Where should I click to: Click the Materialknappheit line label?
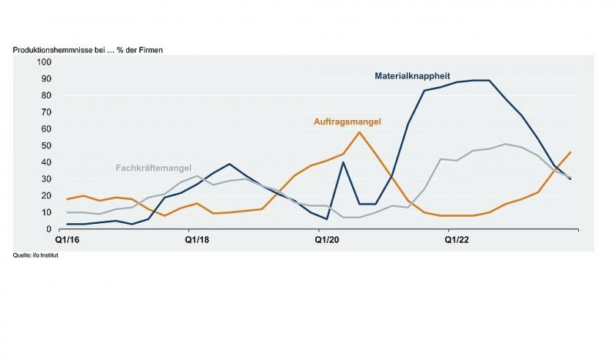(412, 75)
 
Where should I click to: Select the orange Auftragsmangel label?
(347, 122)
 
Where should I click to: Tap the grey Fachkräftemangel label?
(153, 168)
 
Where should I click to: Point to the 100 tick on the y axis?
(44, 62)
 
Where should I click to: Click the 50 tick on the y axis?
(46, 145)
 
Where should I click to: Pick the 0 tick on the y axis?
(49, 229)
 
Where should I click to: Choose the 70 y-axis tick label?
(46, 112)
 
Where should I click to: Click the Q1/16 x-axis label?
(67, 240)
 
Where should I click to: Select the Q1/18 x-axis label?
(197, 240)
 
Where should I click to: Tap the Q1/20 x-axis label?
(327, 240)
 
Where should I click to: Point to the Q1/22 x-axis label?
(457, 240)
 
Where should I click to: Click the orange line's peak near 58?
(359, 132)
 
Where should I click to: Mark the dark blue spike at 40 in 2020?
(343, 162)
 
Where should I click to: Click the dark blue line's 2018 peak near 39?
(229, 164)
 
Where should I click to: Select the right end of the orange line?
(570, 152)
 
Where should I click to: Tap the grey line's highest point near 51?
(506, 144)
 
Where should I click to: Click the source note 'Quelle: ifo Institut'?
(35, 255)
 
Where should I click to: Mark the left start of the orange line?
(67, 199)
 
